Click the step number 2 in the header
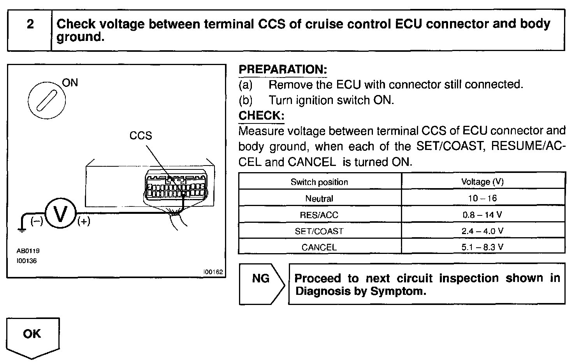(x=30, y=25)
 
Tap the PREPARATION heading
(x=283, y=69)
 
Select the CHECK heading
(x=261, y=115)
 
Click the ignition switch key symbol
(x=47, y=100)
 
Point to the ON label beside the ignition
(x=70, y=83)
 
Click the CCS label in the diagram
(x=141, y=136)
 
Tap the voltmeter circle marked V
(x=60, y=214)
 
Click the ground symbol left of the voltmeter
(x=22, y=229)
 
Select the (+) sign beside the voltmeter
(x=84, y=221)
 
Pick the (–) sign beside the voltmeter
(x=37, y=221)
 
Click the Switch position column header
(x=319, y=182)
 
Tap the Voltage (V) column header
(x=482, y=181)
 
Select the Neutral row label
(x=319, y=199)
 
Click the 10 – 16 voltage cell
(x=482, y=198)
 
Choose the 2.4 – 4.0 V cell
(x=482, y=231)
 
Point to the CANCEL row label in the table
(x=319, y=247)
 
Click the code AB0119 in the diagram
(x=28, y=251)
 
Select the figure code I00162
(x=213, y=272)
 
